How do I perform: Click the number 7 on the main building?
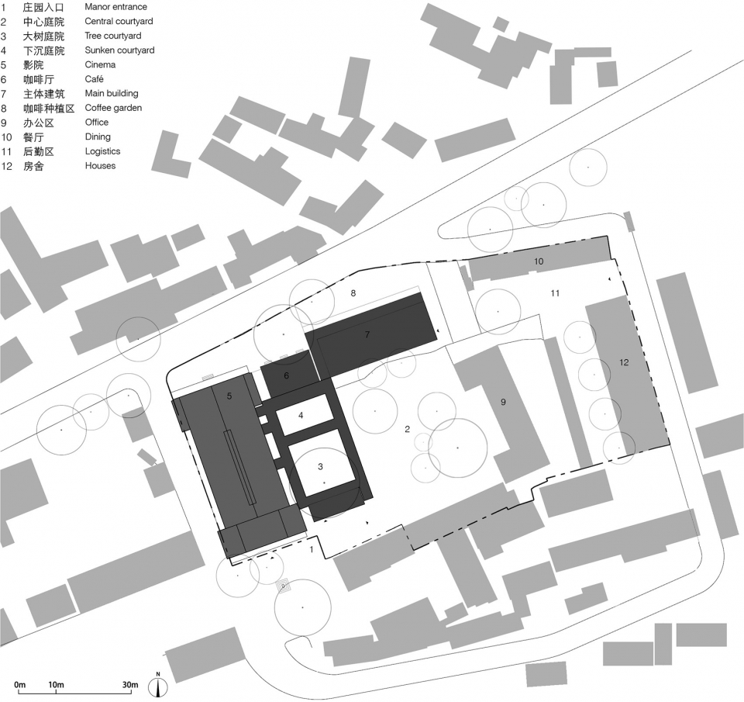[367, 335]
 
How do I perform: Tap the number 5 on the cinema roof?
[229, 396]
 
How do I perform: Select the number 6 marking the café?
[286, 375]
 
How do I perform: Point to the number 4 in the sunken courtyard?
[301, 416]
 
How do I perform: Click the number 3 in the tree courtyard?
[320, 467]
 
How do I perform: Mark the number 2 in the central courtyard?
[407, 430]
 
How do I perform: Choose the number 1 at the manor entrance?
[312, 550]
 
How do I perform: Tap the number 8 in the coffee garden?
[353, 293]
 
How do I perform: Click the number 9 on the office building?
[503, 403]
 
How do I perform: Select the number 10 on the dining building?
[539, 261]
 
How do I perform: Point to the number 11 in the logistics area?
[555, 293]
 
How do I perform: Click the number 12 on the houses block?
[624, 362]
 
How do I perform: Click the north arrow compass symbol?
[158, 684]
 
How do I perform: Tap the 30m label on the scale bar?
[130, 685]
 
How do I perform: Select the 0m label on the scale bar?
[19, 685]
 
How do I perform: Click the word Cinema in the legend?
[100, 64]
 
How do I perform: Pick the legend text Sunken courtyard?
[119, 50]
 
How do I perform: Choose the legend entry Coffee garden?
[113, 109]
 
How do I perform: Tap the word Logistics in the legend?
[102, 151]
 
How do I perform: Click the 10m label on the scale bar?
[56, 685]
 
